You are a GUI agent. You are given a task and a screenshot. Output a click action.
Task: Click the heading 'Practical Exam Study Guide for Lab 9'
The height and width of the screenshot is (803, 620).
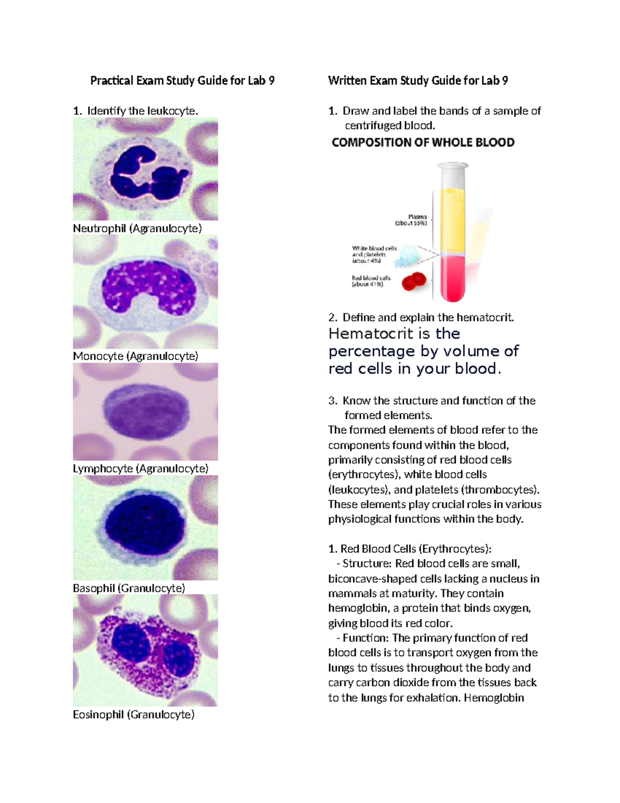click(182, 81)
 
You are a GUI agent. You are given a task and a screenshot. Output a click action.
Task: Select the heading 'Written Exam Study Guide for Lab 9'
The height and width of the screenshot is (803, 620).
click(417, 81)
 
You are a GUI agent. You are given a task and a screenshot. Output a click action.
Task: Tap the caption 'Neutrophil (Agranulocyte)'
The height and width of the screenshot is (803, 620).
click(137, 228)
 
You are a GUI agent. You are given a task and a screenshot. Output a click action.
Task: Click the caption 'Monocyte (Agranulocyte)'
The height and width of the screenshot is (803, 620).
click(135, 356)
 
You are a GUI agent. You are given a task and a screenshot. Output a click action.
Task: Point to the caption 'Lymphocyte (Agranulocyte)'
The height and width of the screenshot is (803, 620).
click(141, 468)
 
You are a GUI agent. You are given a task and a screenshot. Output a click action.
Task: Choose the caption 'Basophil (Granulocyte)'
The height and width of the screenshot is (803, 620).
click(129, 588)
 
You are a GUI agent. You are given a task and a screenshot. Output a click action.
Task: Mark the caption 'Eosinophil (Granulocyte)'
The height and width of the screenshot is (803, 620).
click(133, 715)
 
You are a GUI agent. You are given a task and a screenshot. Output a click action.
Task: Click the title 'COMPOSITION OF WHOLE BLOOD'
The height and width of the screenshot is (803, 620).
click(423, 143)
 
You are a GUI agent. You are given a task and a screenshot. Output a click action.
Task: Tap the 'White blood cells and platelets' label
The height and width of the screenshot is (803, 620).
click(374, 254)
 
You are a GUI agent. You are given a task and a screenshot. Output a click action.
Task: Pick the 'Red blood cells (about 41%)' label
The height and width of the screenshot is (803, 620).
click(371, 281)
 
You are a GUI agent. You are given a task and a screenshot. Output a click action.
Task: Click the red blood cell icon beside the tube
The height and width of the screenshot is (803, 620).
click(414, 281)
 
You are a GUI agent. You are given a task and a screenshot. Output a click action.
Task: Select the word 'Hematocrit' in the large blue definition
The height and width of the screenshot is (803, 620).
click(368, 334)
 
